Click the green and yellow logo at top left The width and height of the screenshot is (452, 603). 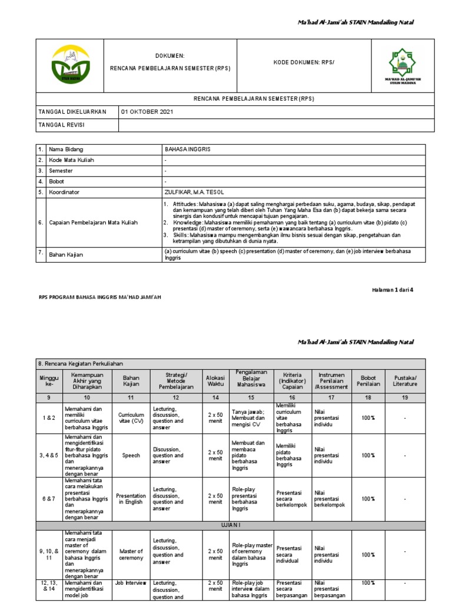point(70,65)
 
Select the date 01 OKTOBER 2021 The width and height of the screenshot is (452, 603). point(147,112)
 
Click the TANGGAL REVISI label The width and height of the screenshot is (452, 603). point(62,125)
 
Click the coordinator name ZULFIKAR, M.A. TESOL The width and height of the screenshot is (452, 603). point(194,192)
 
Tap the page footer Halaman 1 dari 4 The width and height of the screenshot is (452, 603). point(393,290)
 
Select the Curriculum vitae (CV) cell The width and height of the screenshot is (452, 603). point(131,418)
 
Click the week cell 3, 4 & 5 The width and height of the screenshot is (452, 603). point(49,455)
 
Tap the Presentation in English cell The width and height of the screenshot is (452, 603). point(131,499)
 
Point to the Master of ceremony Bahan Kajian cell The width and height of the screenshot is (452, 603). point(131,554)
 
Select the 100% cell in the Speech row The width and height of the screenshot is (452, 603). point(368,455)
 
